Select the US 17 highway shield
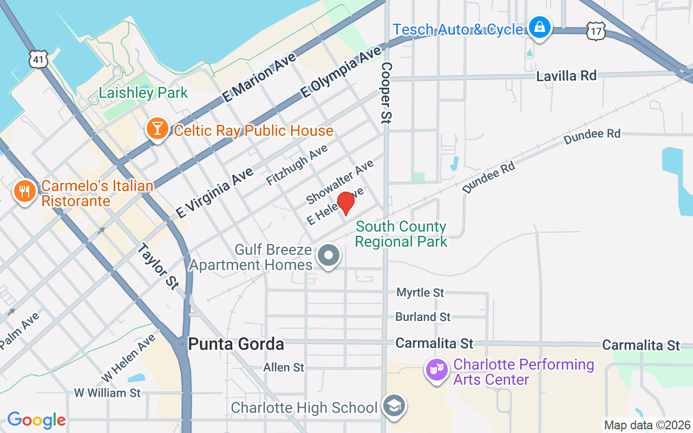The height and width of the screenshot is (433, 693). coord(596,31)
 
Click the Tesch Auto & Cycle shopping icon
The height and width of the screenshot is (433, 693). coord(539,27)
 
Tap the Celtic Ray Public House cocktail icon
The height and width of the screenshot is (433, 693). coord(158,129)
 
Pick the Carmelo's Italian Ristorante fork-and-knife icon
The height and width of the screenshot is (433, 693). coord(24,192)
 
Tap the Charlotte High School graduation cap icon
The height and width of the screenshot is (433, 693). coord(394,406)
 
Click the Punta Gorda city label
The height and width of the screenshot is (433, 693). coord(236,344)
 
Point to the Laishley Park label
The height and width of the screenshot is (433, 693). coord(143,93)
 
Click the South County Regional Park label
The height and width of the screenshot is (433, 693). coord(401,234)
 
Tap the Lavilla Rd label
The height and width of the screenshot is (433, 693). coord(566,76)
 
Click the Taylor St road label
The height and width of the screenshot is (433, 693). coord(158,266)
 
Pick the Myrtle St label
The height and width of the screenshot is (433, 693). coord(420,293)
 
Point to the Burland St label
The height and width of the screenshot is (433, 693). coord(423,317)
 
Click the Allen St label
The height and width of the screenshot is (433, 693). coord(284,368)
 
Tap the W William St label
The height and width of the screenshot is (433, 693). coord(107,392)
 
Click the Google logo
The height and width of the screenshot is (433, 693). coord(36,420)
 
